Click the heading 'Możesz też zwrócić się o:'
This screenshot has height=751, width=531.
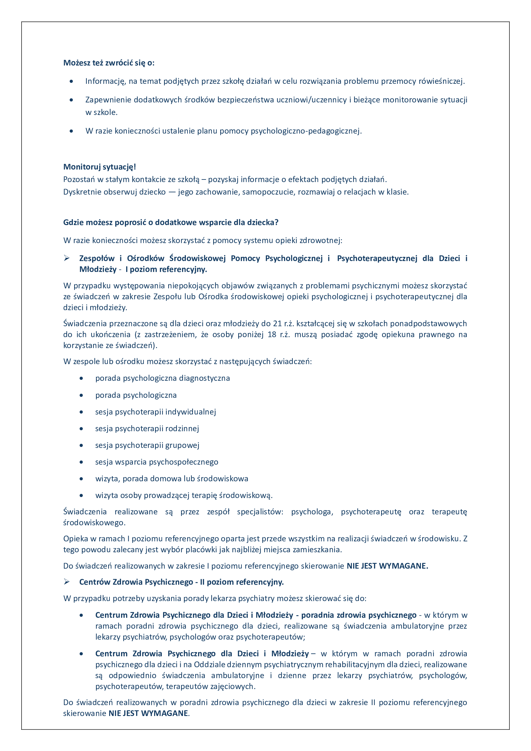109,63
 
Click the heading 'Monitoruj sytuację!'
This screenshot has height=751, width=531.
100,167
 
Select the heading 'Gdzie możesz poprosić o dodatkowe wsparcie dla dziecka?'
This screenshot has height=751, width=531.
171,223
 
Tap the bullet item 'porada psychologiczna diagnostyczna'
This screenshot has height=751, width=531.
162,378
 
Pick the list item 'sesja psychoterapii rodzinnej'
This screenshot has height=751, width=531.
147,429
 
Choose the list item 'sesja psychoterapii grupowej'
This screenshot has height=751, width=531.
147,445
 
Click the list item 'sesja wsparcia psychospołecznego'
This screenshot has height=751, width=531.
157,462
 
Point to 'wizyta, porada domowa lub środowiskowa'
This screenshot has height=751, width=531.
172,478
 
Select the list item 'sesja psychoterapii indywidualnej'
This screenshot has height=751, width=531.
156,412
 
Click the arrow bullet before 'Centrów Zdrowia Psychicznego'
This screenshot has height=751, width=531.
67,582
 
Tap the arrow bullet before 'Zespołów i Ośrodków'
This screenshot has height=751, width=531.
67,258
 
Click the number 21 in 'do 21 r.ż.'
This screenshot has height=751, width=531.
277,324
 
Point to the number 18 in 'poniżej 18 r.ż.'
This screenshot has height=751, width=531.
272,335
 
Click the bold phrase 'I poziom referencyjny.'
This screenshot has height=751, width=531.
166,269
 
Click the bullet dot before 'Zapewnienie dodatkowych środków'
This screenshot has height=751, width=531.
71,100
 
